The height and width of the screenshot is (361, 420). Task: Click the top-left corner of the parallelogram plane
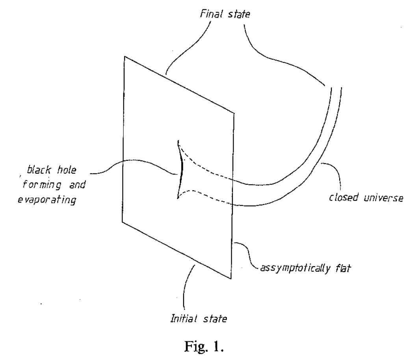pos(125,57)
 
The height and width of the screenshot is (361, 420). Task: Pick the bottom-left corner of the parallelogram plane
pos(123,221)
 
